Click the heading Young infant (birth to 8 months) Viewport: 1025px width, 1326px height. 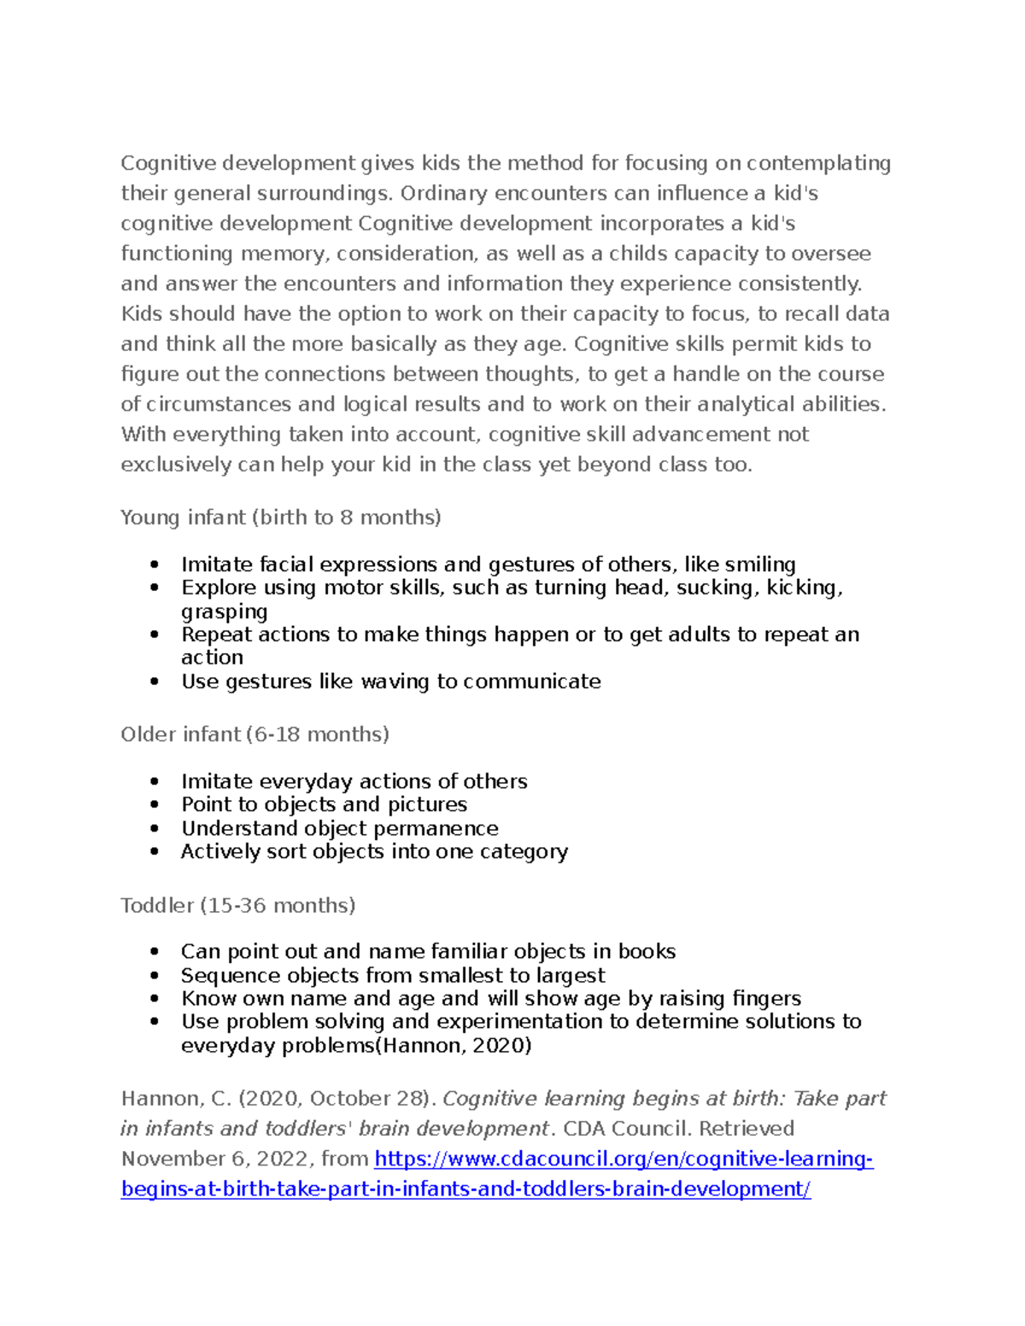[x=280, y=517]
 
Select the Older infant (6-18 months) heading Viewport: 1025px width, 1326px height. [x=255, y=734]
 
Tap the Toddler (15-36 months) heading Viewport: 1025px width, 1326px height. [x=237, y=905]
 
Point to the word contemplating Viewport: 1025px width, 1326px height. [x=818, y=163]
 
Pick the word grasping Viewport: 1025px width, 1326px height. [x=224, y=611]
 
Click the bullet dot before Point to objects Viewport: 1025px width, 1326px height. [x=154, y=805]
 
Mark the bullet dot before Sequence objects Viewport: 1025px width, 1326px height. [x=154, y=976]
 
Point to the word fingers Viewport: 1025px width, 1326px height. [x=761, y=999]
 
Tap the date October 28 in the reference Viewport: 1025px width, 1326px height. [x=372, y=1099]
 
